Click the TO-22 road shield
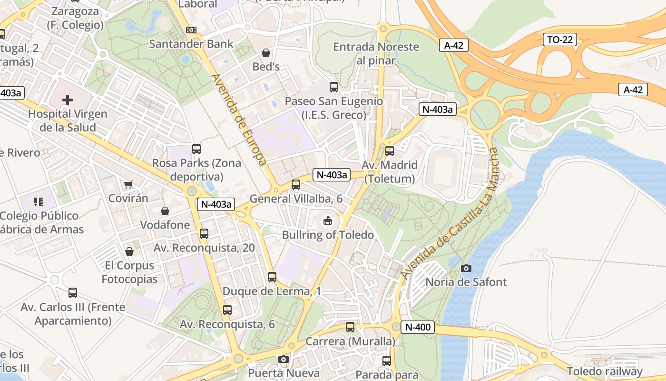(559, 40)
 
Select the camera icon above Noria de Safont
(466, 268)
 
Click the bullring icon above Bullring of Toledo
(328, 221)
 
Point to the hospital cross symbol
(68, 100)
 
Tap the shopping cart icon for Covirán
(128, 184)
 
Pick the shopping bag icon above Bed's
(266, 52)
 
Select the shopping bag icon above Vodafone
(165, 211)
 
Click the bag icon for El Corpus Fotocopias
(129, 251)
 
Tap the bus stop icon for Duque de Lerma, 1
(272, 277)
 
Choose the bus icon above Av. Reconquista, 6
(227, 310)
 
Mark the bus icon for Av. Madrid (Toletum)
(390, 151)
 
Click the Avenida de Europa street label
(238, 120)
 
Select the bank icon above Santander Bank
(191, 30)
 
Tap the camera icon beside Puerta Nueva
(284, 359)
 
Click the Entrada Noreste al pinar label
(376, 53)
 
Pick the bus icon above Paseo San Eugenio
(334, 87)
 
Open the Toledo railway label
(604, 371)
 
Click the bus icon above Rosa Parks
(196, 149)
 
